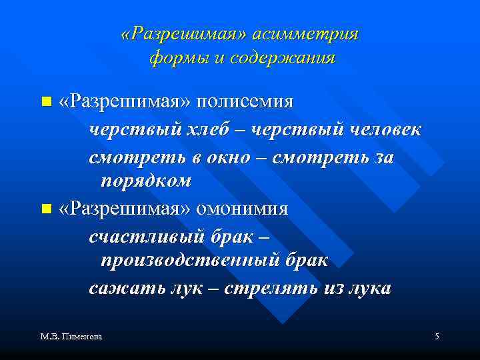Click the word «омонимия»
[243, 209]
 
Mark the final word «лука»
[369, 288]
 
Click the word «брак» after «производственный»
[306, 260]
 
